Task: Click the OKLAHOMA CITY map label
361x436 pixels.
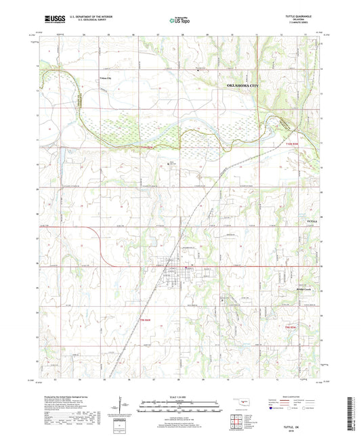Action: click(x=246, y=86)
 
